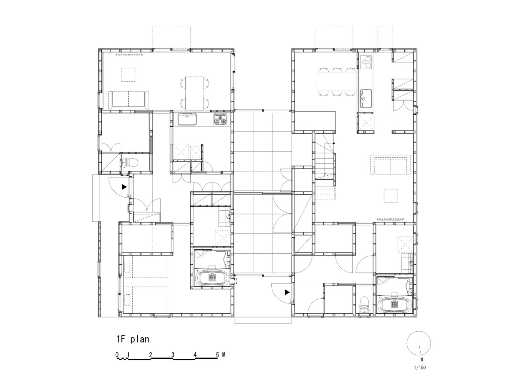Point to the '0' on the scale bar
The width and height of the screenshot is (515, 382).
point(117,354)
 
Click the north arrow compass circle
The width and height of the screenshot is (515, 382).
point(418,344)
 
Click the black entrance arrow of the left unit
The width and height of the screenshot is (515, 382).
point(124,187)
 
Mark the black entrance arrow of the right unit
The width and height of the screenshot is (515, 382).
point(287,293)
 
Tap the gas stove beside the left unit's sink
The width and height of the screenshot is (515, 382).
point(221,119)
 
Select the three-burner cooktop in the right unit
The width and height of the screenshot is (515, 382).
point(367,63)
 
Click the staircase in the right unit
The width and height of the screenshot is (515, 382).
point(325,159)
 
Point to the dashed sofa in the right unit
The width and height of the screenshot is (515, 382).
point(391,165)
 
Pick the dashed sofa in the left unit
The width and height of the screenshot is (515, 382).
point(128,99)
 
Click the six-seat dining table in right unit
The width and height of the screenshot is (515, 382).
point(337,81)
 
